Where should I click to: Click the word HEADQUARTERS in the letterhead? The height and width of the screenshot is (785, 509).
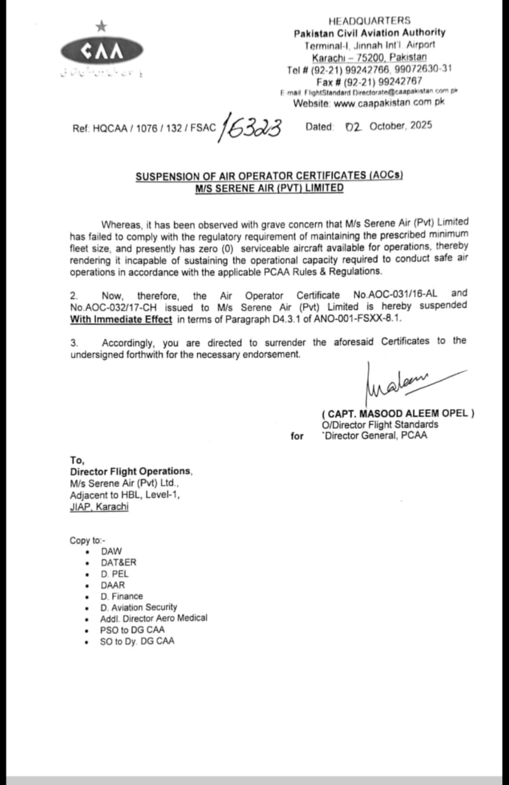pos(369,21)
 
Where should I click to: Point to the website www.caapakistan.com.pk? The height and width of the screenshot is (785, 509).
pos(389,103)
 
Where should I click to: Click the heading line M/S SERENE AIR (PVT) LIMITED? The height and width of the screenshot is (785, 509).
pos(269,188)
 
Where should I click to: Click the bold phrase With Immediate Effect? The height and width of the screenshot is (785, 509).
pos(121,319)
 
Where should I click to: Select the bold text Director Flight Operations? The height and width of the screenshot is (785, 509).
pos(131,471)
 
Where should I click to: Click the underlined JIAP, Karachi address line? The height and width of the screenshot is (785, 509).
pos(99,507)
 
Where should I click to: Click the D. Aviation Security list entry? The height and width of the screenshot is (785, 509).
pos(138,607)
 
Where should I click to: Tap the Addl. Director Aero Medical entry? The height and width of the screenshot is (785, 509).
pos(154,618)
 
